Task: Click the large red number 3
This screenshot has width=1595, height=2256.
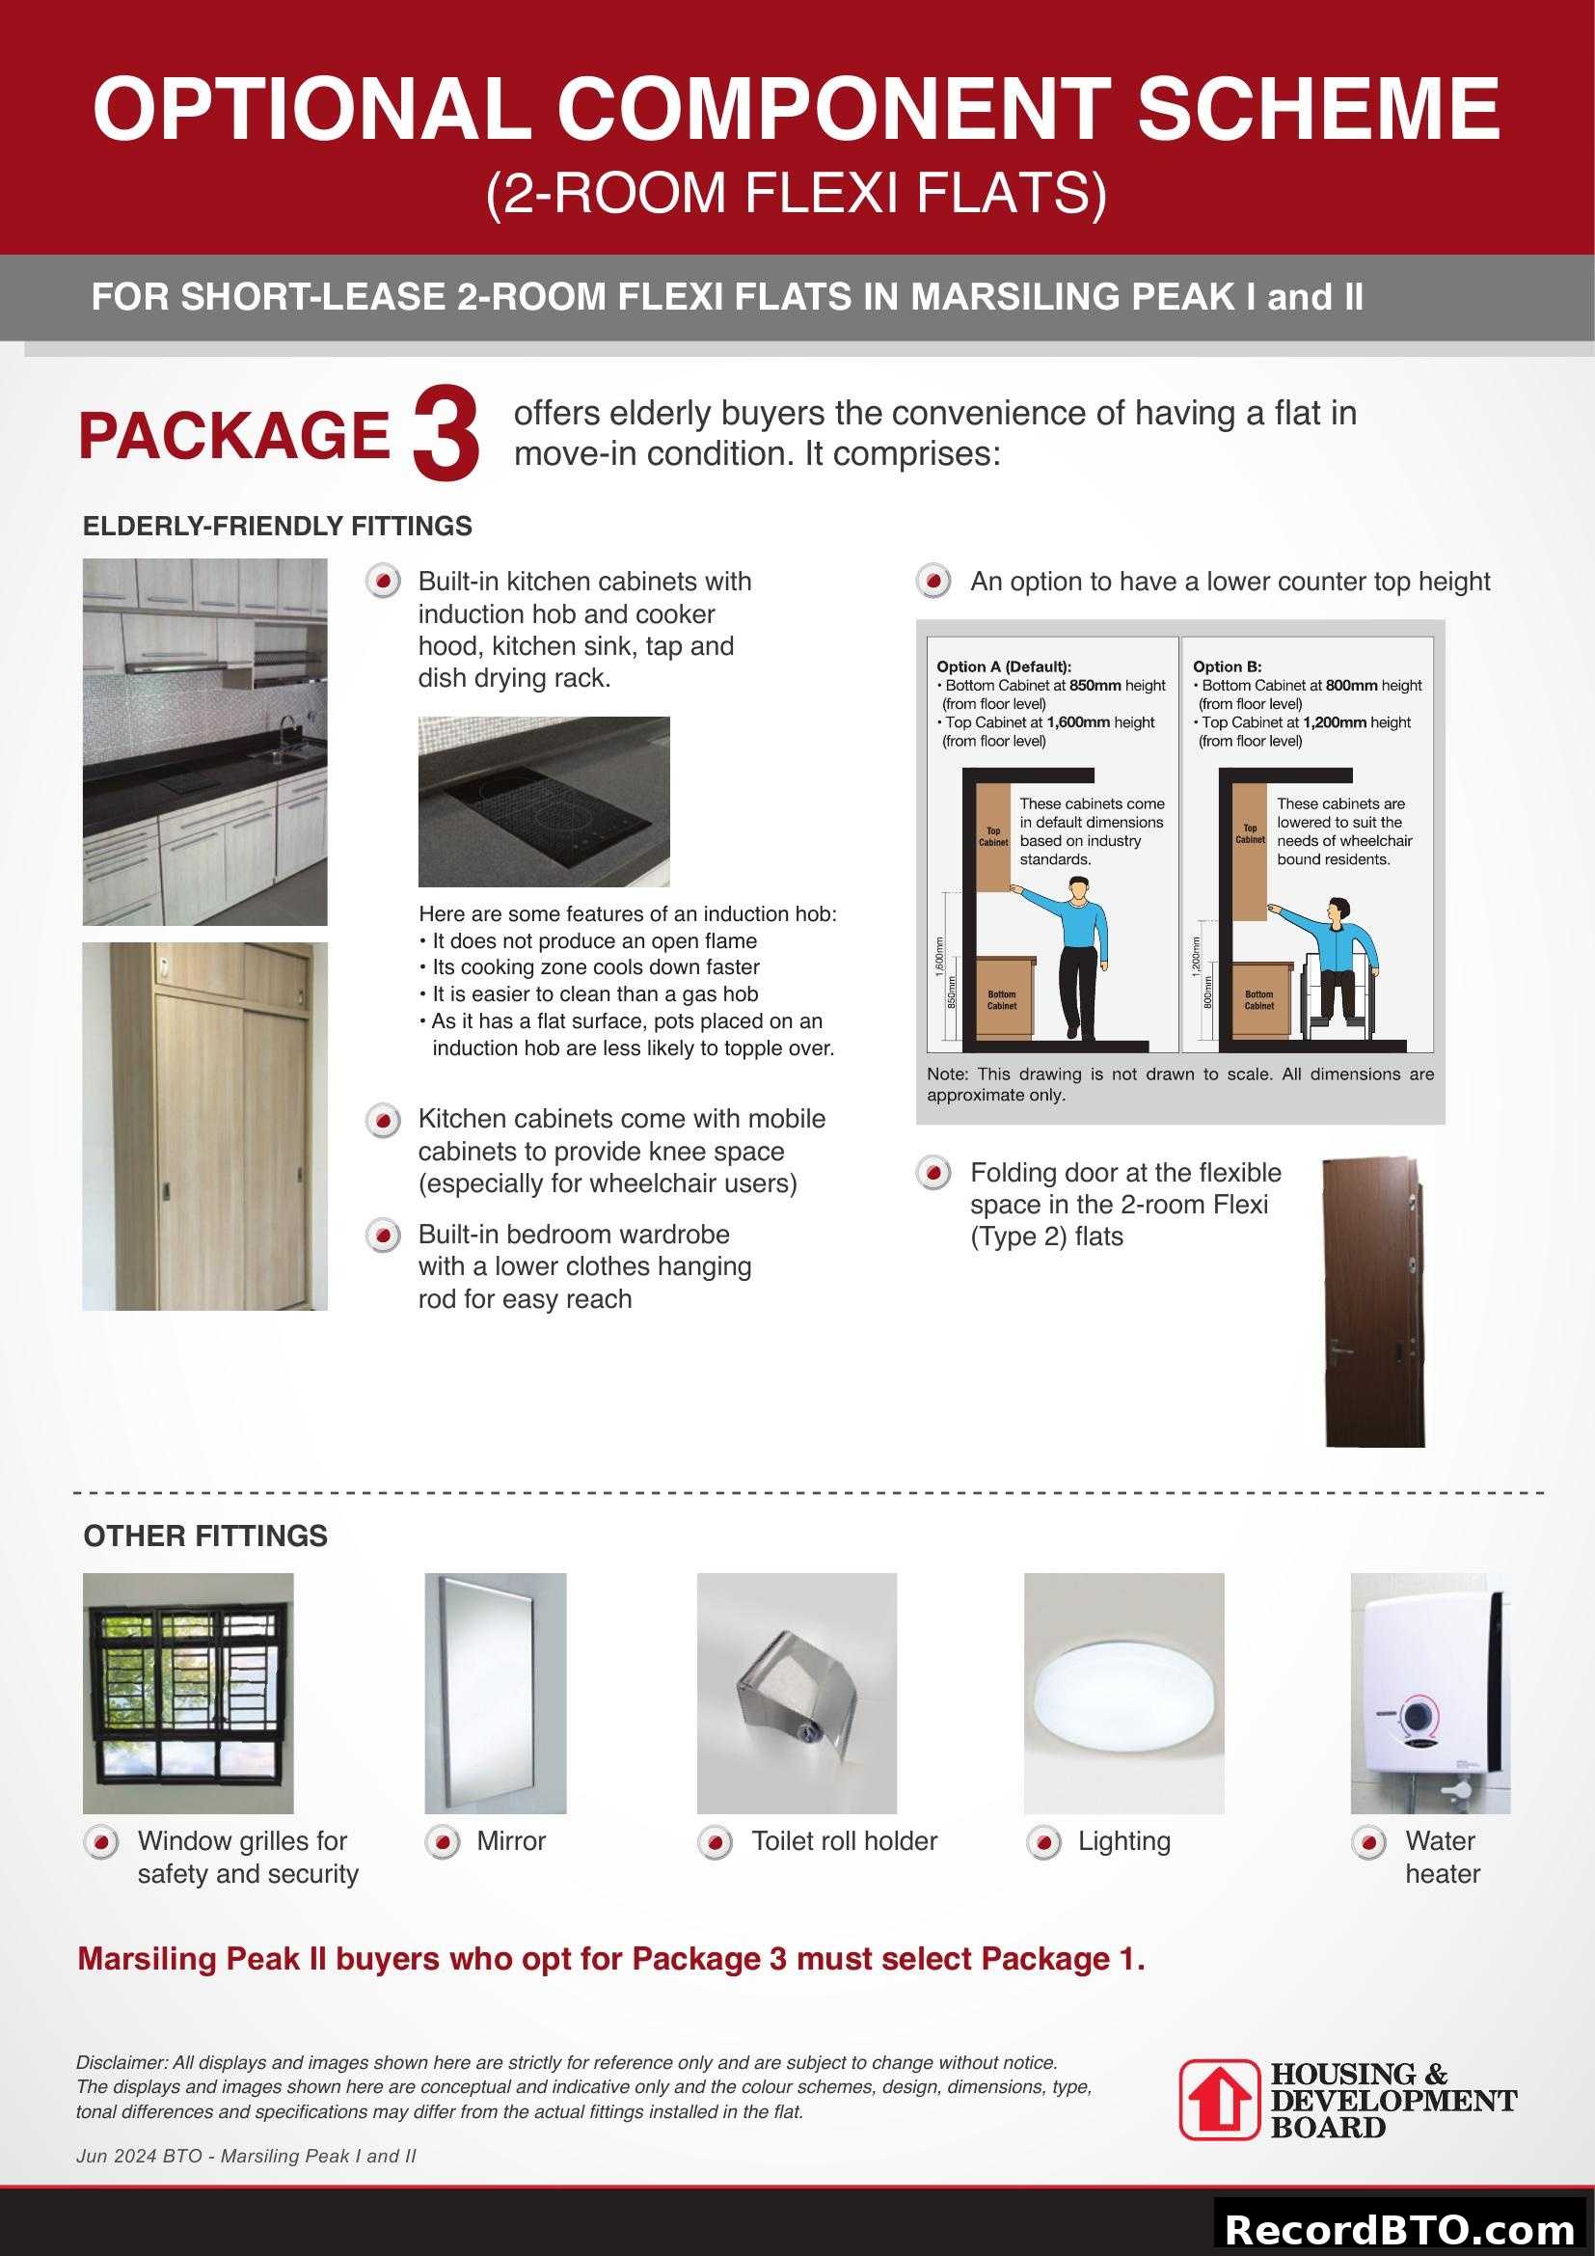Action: coord(446,434)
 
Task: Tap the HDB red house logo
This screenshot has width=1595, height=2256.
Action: coord(1219,2099)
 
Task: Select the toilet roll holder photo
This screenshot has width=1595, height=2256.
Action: coord(797,1693)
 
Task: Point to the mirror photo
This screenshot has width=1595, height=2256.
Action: coord(495,1693)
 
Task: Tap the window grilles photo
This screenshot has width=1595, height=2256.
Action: coord(188,1693)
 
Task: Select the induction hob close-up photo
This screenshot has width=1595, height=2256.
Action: coord(544,801)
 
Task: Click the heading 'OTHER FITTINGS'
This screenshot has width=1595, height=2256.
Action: coord(205,1536)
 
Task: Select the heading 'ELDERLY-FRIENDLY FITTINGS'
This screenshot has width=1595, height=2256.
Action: coord(277,527)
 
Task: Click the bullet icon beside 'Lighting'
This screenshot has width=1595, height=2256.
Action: coord(1043,1842)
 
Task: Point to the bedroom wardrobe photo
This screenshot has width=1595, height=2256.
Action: coord(204,1126)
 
